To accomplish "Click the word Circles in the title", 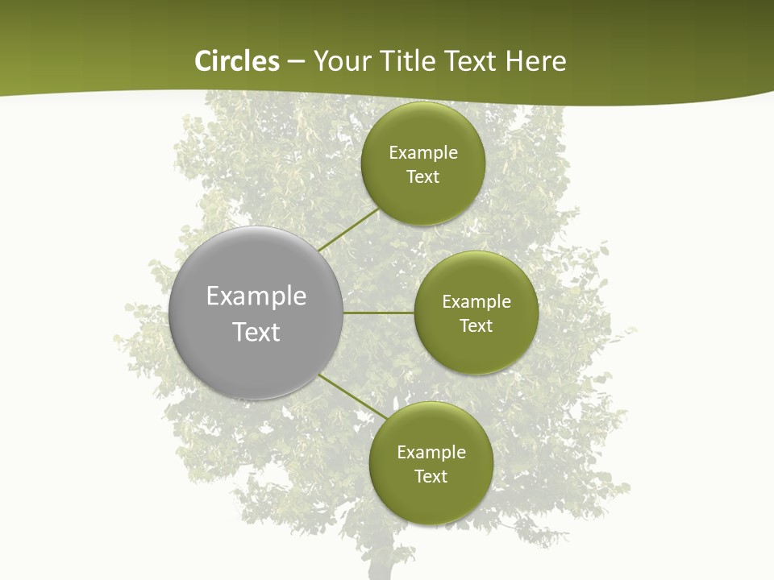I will coord(236,61).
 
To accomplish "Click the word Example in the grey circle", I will coord(256,296).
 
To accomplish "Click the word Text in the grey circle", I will coord(256,332).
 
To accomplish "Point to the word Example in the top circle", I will coord(423,153).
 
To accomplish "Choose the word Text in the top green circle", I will coord(422,177).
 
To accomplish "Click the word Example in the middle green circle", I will coord(476,302).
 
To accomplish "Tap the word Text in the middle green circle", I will coord(476,326).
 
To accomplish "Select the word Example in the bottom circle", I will coord(431,453).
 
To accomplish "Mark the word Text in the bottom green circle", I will coord(431,477).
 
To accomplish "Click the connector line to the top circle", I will coord(348,230).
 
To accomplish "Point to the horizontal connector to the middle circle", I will coord(378,313).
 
